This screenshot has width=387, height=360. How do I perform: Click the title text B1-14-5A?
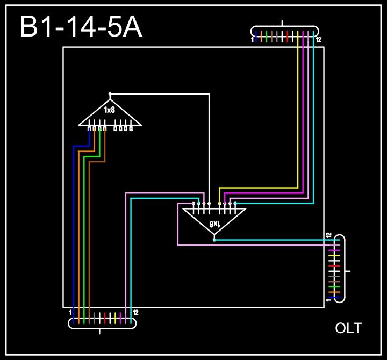pyautogui.click(x=81, y=27)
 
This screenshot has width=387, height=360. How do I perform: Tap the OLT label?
pyautogui.click(x=348, y=328)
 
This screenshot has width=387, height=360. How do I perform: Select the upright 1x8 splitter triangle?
pyautogui.click(x=110, y=114)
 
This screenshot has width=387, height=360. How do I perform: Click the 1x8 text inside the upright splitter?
pyautogui.click(x=110, y=110)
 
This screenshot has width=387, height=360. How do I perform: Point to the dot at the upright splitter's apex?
pyautogui.click(x=110, y=93)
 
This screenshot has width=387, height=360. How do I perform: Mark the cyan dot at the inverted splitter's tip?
pyautogui.click(x=214, y=240)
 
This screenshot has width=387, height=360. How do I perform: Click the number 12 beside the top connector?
pyautogui.click(x=319, y=40)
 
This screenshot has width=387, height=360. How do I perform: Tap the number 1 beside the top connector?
pyautogui.click(x=252, y=40)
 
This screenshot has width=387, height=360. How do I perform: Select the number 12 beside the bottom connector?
pyautogui.click(x=135, y=312)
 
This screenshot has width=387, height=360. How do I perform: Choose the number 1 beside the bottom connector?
pyautogui.click(x=70, y=312)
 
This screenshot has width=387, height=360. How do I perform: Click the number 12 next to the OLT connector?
pyautogui.click(x=328, y=235)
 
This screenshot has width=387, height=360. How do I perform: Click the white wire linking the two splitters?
pyautogui.click(x=209, y=140)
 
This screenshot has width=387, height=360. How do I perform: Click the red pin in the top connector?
pyautogui.click(x=288, y=36)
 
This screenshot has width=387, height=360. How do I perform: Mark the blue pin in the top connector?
pyautogui.click(x=256, y=36)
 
